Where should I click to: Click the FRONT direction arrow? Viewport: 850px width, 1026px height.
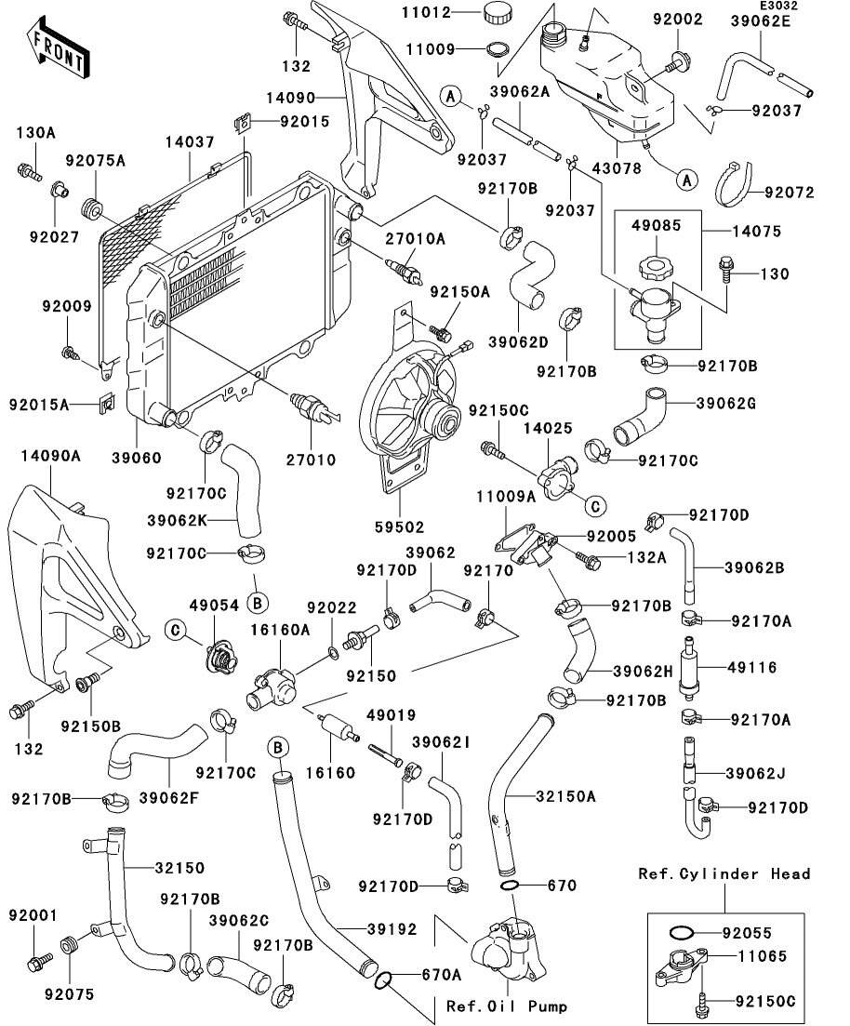point(59,52)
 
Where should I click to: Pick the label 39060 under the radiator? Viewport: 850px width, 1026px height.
point(137,458)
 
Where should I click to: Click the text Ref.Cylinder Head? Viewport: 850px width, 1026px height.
point(724,874)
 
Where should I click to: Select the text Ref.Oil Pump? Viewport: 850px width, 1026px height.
point(507,1006)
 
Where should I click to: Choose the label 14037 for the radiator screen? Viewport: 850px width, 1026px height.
point(190,142)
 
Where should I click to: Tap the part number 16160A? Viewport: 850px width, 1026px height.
point(280,630)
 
